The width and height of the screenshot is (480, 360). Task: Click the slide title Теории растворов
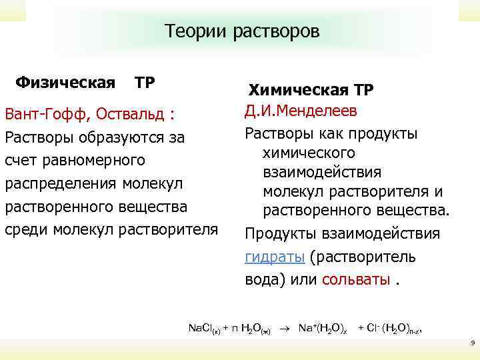(242, 31)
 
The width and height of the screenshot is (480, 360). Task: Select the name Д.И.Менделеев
(301, 110)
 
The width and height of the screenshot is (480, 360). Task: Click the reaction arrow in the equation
(285, 328)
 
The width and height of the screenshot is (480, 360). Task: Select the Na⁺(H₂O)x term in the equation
(322, 328)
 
